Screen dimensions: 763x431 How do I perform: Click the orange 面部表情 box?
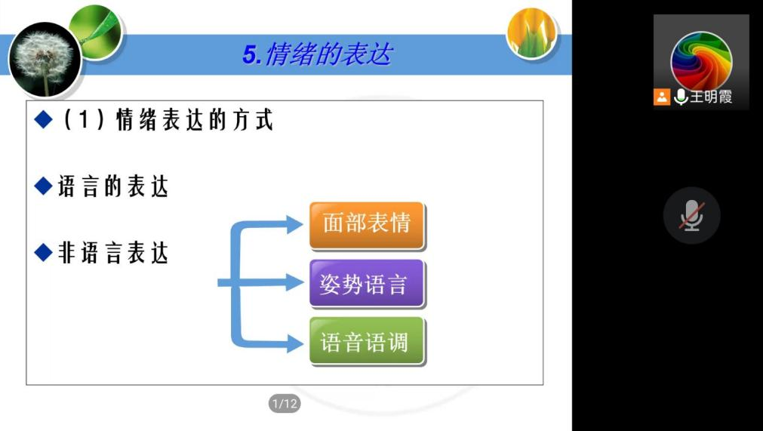click(367, 225)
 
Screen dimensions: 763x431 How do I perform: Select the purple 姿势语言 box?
click(367, 284)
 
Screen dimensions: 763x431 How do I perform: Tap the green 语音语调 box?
click(367, 341)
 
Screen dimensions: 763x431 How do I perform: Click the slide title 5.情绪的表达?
click(317, 54)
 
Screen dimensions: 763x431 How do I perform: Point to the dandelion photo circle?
click(45, 59)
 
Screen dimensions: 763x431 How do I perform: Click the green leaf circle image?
click(95, 32)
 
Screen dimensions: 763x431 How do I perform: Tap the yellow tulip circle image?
click(531, 32)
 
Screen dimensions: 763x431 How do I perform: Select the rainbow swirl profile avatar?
click(700, 62)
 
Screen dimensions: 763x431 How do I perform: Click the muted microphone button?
click(691, 215)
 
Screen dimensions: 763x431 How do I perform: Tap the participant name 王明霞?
click(711, 97)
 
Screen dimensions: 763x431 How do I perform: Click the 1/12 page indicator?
click(285, 403)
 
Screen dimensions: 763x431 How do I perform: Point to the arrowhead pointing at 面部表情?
click(295, 224)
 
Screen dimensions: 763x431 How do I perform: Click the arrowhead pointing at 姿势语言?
click(295, 282)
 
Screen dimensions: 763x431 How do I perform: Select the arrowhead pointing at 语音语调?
click(295, 343)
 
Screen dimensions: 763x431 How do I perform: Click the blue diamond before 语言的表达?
click(44, 186)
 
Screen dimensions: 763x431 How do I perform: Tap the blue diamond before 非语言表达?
click(44, 252)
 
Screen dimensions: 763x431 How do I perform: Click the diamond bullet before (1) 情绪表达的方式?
click(44, 119)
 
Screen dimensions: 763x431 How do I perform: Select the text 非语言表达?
click(113, 253)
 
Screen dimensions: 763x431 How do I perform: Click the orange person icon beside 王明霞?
click(662, 97)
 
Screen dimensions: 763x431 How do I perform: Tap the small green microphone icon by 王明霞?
click(681, 97)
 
